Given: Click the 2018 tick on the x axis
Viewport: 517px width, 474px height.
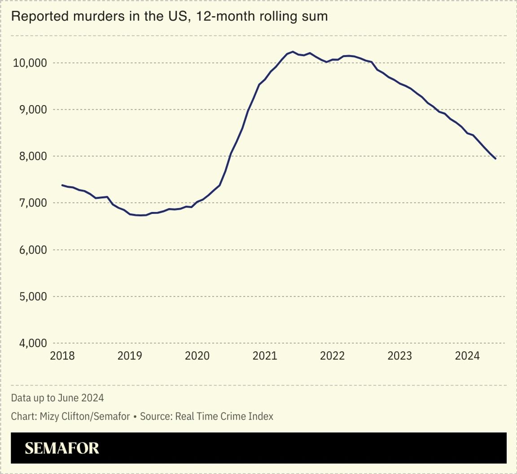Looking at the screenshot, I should pyautogui.click(x=62, y=356).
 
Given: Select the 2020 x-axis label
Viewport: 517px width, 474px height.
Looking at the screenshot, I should pyautogui.click(x=197, y=356).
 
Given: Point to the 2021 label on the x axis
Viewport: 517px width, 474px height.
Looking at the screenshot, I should pyautogui.click(x=265, y=356).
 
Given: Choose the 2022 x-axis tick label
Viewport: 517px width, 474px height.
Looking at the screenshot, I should pyautogui.click(x=332, y=356).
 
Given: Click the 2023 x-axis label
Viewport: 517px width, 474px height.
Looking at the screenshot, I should pyautogui.click(x=400, y=356).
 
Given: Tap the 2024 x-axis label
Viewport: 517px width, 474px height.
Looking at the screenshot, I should pyautogui.click(x=467, y=356).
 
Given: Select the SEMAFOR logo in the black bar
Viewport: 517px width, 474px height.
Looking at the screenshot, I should pyautogui.click(x=62, y=448).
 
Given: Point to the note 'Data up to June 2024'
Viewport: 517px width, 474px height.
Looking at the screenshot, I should pyautogui.click(x=57, y=398).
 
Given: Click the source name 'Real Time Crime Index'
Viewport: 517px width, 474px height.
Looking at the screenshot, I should pyautogui.click(x=224, y=416).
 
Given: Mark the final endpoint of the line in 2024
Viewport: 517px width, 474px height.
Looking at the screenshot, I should pyautogui.click(x=495, y=159).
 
